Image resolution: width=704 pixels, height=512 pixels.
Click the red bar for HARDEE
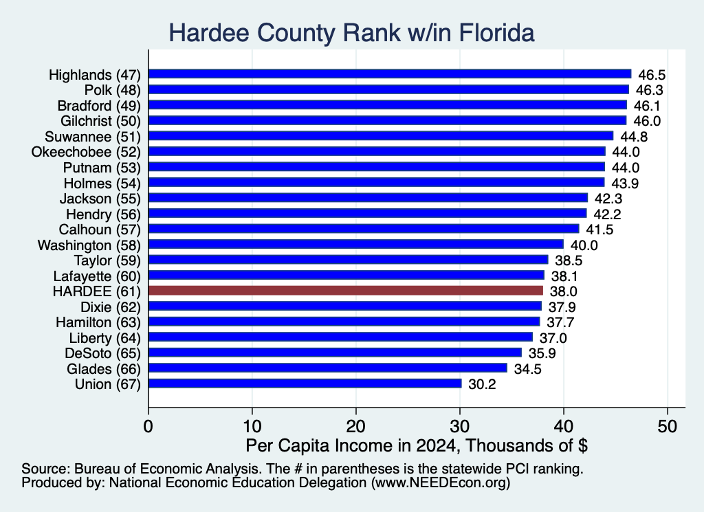coord(345,291)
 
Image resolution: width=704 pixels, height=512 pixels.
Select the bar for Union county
coord(305,383)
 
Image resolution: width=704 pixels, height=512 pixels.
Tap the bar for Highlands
coord(390,74)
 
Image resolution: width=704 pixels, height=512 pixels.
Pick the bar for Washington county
coord(356,244)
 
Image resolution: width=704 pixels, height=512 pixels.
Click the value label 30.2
coord(482,384)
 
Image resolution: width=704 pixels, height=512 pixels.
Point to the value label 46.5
coord(652,74)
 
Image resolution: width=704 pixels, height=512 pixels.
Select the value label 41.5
coord(599,230)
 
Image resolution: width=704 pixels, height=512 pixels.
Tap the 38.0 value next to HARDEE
coord(564,291)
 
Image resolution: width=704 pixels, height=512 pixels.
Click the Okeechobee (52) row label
coord(86,152)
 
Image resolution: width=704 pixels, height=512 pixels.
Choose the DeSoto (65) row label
coord(103,353)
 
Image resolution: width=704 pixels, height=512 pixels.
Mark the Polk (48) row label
coord(113,90)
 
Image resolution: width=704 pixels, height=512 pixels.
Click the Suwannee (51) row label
coord(93,136)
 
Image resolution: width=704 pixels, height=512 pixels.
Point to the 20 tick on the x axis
coord(356,426)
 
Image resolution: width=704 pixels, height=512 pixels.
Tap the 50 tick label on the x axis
coord(667,426)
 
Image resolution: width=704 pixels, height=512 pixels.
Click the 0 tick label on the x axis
coord(148,426)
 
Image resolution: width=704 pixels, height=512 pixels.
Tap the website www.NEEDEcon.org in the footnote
coord(441,483)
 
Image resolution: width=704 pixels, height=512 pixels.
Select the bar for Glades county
coord(328,368)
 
